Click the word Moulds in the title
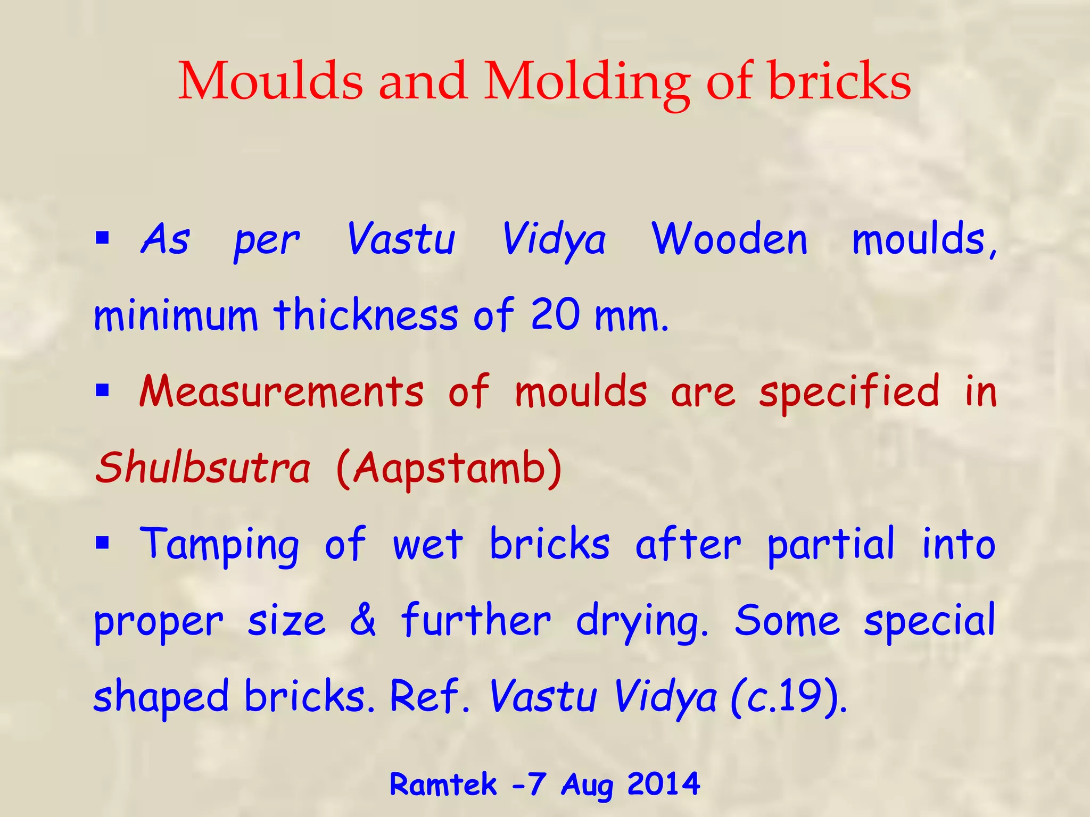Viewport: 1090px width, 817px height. pos(270,81)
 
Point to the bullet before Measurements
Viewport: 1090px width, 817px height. pos(102,391)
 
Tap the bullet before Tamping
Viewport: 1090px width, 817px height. pos(102,544)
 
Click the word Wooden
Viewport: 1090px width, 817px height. pos(729,239)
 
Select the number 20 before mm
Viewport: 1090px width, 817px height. pos(555,315)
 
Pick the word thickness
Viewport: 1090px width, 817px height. pos(366,315)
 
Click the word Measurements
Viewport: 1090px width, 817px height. pos(281,392)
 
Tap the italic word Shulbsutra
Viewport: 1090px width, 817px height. pos(202,468)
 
